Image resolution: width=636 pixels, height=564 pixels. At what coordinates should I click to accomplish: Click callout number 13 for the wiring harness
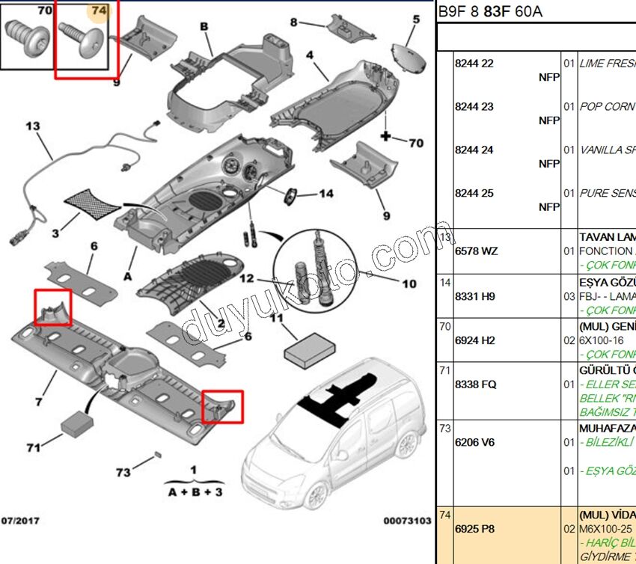[x=32, y=126]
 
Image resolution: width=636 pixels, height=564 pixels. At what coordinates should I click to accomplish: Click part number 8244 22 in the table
[x=474, y=64]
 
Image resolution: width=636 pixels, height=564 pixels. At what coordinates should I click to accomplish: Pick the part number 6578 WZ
[x=476, y=251]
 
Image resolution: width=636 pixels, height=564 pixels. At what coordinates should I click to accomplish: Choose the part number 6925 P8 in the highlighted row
[x=474, y=529]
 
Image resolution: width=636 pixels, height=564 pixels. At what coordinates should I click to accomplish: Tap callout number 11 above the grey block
[x=277, y=318]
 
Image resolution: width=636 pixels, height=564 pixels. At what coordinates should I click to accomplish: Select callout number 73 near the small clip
[x=123, y=472]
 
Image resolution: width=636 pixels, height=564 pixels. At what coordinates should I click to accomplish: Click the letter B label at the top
[x=203, y=26]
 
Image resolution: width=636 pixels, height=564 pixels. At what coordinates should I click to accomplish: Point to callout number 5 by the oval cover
[x=415, y=19]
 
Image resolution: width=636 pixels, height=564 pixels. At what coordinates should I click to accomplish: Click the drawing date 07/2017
[x=20, y=520]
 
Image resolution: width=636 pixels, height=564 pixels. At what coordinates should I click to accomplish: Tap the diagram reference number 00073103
[x=407, y=520]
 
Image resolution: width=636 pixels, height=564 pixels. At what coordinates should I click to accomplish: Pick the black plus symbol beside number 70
[x=386, y=137]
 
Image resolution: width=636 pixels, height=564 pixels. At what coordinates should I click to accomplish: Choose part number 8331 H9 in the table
[x=475, y=296]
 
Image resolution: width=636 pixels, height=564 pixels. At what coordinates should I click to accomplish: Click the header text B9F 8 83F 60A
[x=490, y=11]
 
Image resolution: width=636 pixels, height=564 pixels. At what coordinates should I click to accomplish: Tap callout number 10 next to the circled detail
[x=409, y=284]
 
